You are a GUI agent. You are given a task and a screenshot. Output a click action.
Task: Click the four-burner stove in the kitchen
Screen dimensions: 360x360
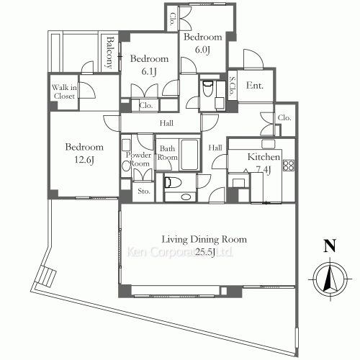point(289,165)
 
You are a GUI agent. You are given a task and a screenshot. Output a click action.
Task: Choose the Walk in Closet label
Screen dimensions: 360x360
point(63,92)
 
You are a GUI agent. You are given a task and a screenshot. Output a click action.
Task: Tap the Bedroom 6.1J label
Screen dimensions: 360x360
point(149,65)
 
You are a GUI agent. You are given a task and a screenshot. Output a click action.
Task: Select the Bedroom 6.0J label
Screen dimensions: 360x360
point(201,42)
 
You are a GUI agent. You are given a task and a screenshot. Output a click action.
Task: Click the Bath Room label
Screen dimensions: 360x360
point(168,153)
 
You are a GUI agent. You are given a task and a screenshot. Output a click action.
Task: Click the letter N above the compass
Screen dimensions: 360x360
point(330,245)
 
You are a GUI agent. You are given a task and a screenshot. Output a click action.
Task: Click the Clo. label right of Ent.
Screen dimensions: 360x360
point(284,117)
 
